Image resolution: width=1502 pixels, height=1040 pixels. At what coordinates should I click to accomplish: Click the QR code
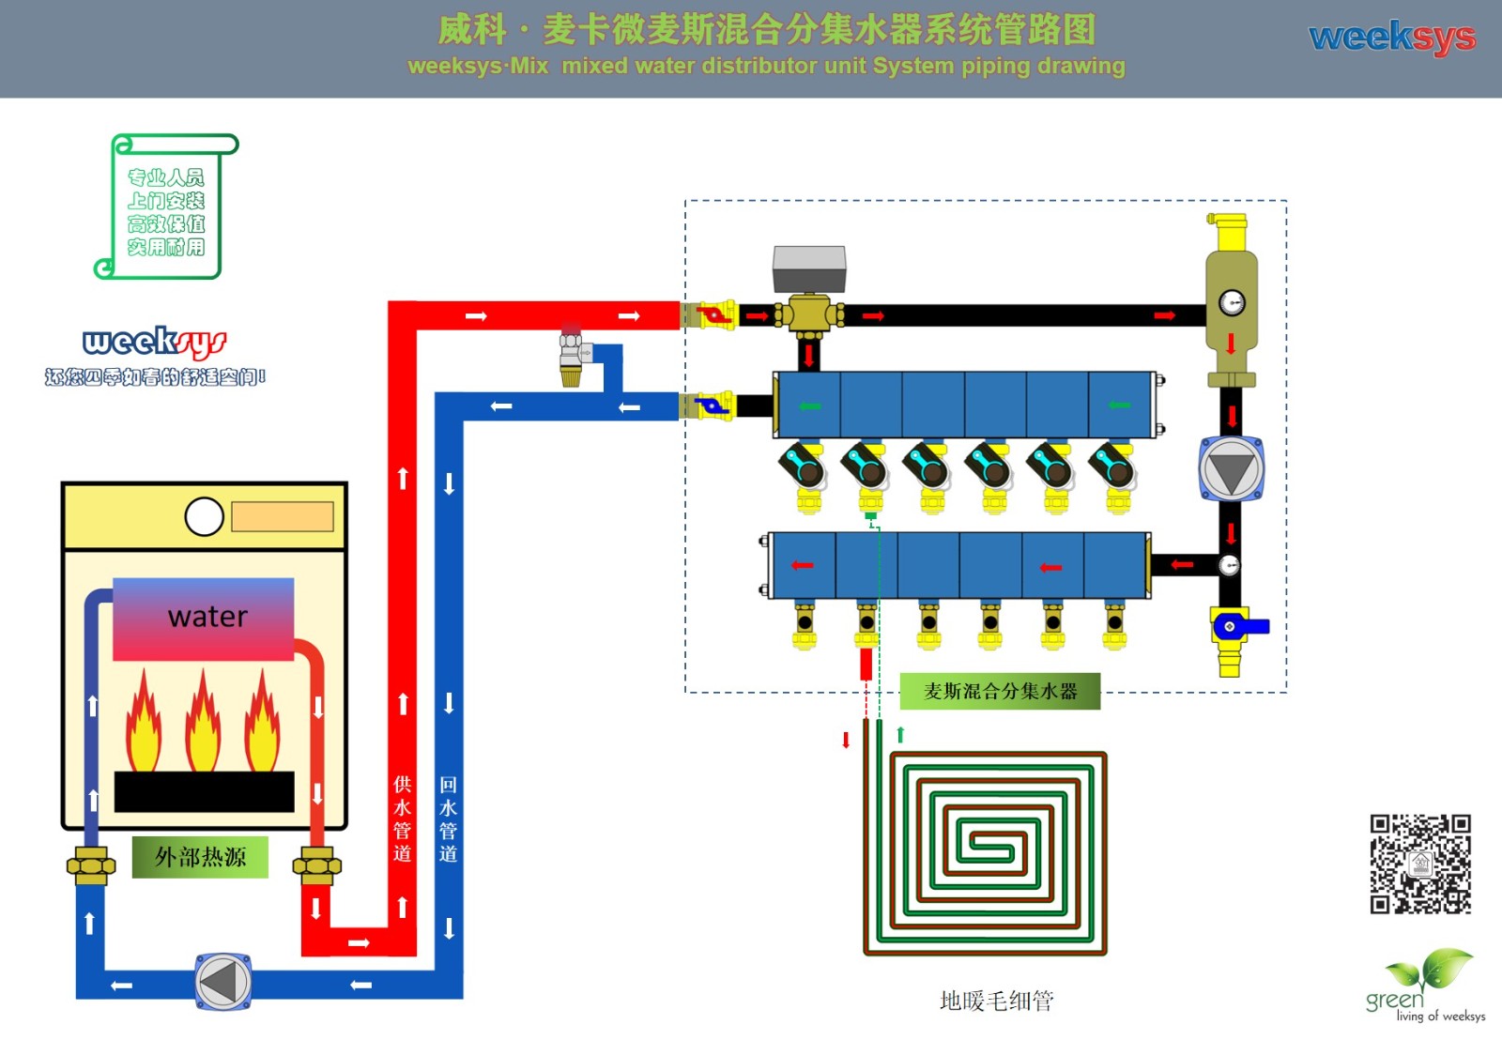click(1419, 864)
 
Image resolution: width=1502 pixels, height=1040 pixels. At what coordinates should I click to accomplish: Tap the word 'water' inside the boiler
click(207, 617)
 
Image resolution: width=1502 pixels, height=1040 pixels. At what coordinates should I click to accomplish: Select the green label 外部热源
click(200, 857)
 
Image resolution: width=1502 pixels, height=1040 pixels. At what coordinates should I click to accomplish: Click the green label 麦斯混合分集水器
click(1000, 692)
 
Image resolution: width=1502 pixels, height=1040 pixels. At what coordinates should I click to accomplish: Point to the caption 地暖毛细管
click(996, 1001)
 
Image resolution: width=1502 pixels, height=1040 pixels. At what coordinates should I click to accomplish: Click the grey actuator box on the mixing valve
click(809, 268)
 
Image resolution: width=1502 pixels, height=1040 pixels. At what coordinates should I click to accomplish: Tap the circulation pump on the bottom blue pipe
click(222, 982)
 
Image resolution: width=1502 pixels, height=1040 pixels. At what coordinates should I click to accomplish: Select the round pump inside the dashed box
click(1231, 467)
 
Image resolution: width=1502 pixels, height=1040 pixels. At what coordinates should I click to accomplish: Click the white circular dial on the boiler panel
click(204, 516)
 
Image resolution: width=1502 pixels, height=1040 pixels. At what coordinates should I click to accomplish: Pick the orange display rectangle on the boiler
click(282, 516)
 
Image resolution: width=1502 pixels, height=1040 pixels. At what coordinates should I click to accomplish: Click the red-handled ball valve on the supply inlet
click(715, 314)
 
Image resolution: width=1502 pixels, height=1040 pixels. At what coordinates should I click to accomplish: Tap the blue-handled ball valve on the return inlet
click(713, 406)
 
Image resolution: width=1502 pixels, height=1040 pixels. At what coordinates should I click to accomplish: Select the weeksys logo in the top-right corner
click(1392, 38)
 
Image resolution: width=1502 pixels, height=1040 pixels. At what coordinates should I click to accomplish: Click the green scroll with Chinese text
click(166, 206)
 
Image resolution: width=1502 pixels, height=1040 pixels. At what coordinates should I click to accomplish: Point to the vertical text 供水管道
click(402, 818)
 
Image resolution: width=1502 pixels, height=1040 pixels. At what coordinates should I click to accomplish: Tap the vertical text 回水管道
click(448, 818)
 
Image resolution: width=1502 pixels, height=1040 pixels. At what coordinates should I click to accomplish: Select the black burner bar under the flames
click(204, 791)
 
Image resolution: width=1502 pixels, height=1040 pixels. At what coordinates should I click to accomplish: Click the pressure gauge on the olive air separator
click(1232, 302)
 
